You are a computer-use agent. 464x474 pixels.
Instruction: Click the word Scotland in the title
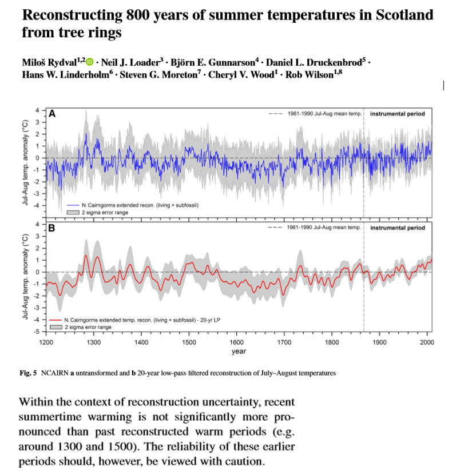[404, 15]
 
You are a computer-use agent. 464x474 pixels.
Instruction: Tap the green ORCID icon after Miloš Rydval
[90, 61]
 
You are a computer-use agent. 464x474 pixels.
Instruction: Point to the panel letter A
[52, 114]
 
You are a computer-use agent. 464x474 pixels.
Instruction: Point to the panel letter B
[52, 227]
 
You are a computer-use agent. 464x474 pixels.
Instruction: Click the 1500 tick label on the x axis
[189, 342]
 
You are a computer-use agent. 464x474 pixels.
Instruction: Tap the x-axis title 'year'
[239, 351]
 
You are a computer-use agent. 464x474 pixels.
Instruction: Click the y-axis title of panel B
[26, 277]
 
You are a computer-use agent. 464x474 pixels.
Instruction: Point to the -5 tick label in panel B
[37, 332]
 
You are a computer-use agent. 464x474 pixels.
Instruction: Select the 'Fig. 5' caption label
[28, 373]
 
